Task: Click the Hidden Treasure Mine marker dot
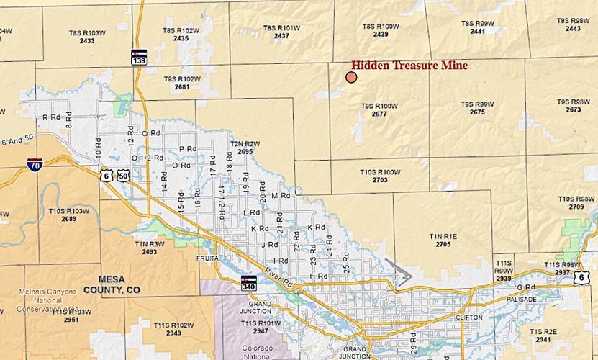(x=351, y=77)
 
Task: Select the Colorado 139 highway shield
(x=139, y=57)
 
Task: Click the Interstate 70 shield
(x=35, y=165)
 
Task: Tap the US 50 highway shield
(x=124, y=176)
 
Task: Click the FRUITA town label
(x=207, y=257)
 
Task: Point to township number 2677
(x=379, y=114)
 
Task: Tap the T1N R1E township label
(x=443, y=236)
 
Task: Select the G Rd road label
(x=531, y=287)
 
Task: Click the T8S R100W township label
(x=381, y=27)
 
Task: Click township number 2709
(x=576, y=207)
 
